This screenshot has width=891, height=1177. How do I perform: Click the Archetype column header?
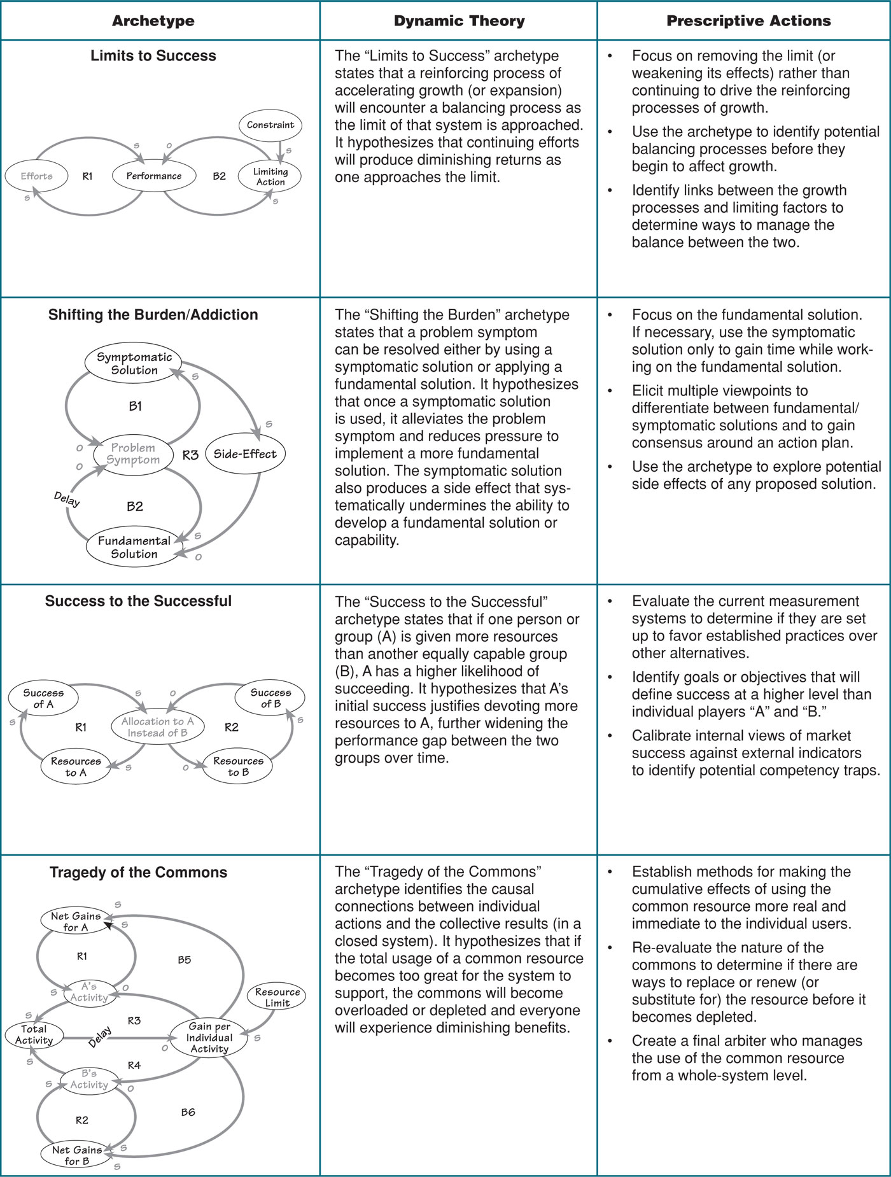(153, 21)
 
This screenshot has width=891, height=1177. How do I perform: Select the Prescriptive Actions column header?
(748, 21)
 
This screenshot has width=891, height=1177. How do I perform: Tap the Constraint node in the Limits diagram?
(270, 125)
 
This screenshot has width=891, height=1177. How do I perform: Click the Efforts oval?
(36, 176)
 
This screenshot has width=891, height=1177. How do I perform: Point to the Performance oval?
(153, 176)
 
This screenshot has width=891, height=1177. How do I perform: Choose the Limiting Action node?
(270, 176)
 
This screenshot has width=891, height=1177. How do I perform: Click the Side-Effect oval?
(245, 454)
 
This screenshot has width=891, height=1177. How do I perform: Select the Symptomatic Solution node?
(134, 363)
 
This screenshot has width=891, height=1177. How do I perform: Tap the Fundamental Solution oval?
(134, 547)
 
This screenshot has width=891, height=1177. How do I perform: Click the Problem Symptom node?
(133, 454)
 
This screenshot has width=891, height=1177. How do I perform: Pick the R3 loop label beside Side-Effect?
(190, 455)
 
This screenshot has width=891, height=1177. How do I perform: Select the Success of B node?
(270, 698)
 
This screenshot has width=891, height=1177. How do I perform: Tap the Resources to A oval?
(76, 766)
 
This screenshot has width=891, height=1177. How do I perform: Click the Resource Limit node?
(277, 997)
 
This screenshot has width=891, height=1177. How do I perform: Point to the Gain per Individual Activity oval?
(209, 1038)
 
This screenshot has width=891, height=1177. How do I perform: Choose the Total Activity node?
(34, 1034)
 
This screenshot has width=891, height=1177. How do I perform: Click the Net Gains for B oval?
(76, 1155)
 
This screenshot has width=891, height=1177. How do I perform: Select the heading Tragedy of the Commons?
(138, 872)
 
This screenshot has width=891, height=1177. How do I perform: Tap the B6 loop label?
(188, 1112)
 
